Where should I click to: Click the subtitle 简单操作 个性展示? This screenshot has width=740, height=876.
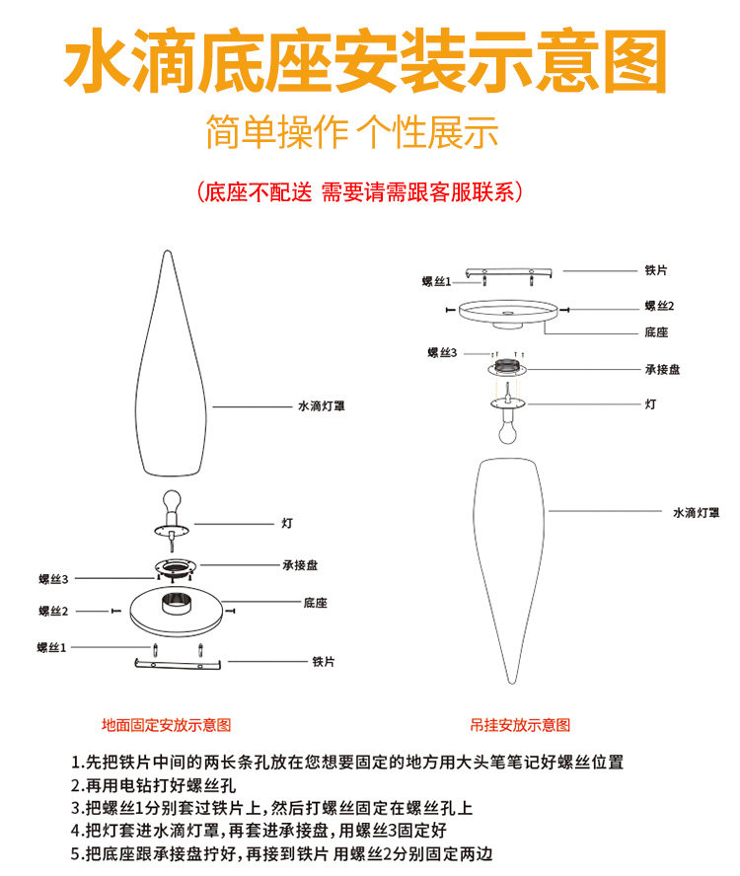tap(351, 132)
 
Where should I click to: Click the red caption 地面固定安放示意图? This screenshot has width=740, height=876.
tap(167, 724)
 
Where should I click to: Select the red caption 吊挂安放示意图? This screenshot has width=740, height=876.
tap(519, 724)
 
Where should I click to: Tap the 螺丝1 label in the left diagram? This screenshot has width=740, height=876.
tap(51, 647)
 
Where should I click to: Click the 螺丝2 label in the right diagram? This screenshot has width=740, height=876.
tap(659, 307)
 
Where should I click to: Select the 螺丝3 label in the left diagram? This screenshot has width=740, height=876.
tap(53, 579)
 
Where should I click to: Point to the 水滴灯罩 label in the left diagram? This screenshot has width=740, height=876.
tap(321, 405)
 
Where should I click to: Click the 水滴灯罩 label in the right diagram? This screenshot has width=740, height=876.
tap(696, 512)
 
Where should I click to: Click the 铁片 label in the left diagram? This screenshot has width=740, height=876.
tap(324, 661)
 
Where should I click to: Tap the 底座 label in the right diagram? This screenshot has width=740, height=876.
tap(656, 332)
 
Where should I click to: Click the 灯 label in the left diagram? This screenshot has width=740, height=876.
tap(286, 523)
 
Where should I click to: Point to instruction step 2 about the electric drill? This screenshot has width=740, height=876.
tap(154, 786)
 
